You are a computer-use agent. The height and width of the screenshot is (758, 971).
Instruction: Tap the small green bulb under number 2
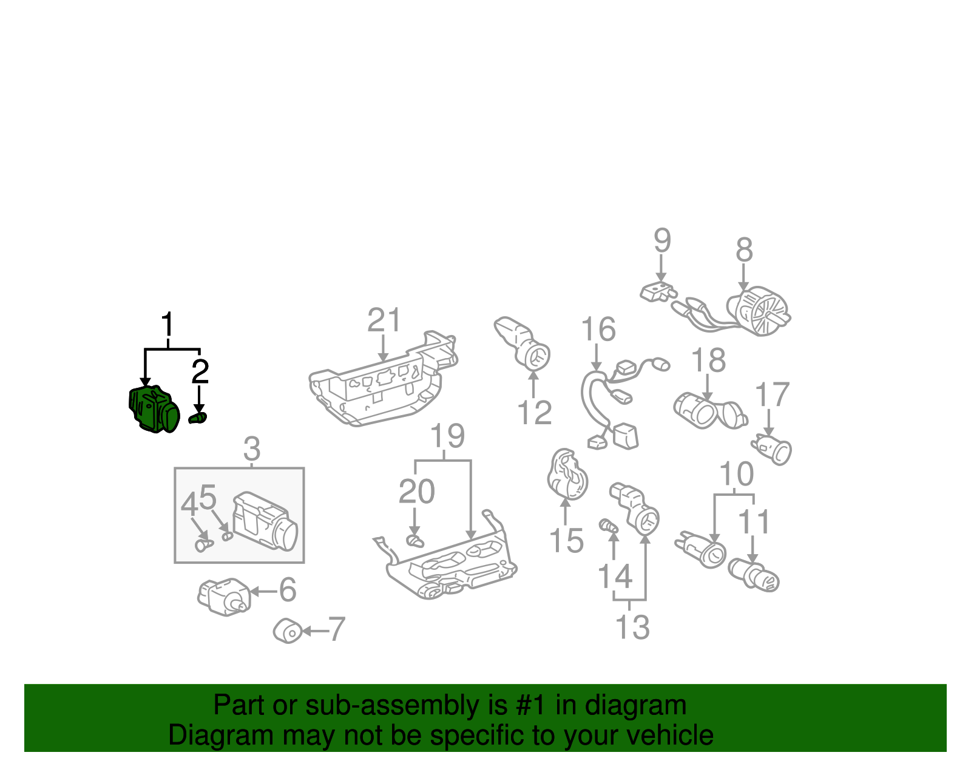198,418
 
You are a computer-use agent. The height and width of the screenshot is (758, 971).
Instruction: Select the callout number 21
384,320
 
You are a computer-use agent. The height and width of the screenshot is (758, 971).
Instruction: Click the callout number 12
535,413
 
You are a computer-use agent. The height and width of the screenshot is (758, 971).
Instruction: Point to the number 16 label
598,329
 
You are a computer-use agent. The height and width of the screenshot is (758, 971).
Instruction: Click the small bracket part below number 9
658,292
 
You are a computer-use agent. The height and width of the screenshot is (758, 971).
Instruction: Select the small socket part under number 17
772,449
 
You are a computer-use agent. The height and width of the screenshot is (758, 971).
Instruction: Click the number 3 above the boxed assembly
252,449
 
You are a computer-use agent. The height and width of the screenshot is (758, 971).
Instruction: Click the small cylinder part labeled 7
288,631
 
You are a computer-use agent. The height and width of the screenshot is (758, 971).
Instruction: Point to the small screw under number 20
415,541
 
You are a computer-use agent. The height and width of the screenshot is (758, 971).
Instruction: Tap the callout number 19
447,436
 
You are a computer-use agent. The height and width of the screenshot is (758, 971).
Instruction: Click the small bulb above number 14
609,526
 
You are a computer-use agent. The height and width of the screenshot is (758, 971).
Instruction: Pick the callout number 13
632,628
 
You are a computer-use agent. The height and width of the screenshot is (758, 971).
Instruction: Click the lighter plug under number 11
753,576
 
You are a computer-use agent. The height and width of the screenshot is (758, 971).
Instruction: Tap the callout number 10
736,474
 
